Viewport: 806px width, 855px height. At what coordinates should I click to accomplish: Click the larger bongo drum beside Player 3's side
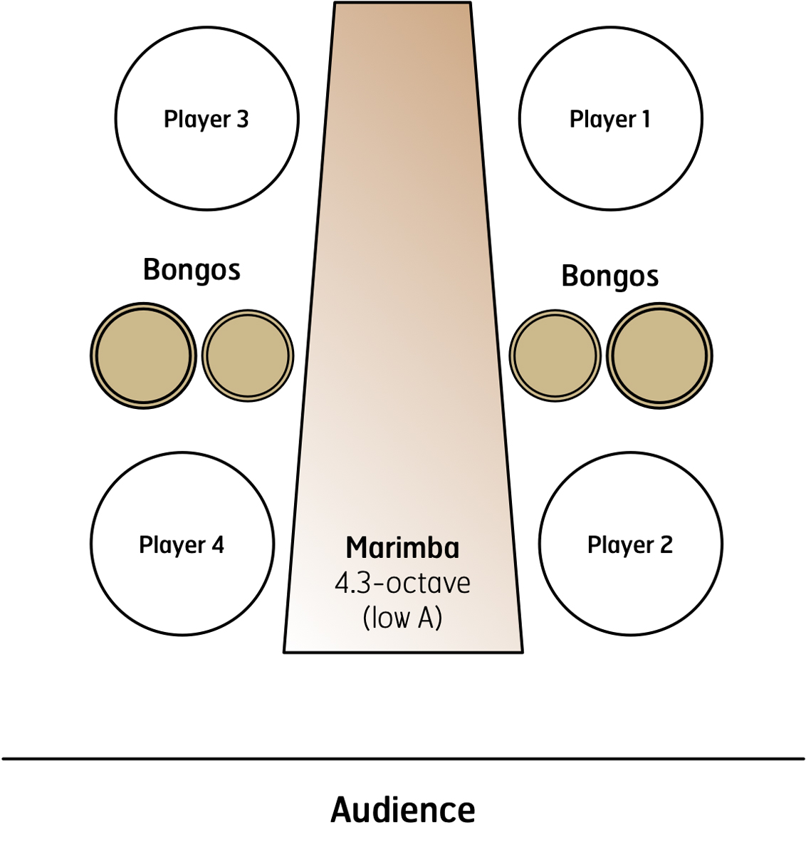click(x=143, y=356)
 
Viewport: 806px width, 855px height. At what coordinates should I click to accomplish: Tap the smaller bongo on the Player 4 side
click(x=248, y=356)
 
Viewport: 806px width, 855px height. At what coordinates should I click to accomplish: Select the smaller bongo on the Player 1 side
click(x=555, y=356)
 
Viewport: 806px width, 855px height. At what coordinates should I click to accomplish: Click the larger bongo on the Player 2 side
click(x=659, y=356)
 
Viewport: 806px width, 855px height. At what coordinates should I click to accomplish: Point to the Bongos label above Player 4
click(x=192, y=270)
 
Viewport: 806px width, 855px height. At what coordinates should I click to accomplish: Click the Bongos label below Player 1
click(x=609, y=276)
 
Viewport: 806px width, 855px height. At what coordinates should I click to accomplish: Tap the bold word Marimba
click(x=402, y=548)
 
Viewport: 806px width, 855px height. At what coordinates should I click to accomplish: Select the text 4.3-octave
click(x=402, y=584)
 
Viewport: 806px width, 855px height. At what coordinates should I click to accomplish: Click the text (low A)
click(x=402, y=618)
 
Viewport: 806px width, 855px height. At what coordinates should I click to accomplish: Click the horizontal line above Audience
click(x=403, y=759)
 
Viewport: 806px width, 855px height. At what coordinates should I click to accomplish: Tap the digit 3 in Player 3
click(x=242, y=119)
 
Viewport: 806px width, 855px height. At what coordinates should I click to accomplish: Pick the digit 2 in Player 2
click(x=666, y=544)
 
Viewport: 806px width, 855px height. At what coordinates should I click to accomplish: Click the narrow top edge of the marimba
click(x=402, y=3)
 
